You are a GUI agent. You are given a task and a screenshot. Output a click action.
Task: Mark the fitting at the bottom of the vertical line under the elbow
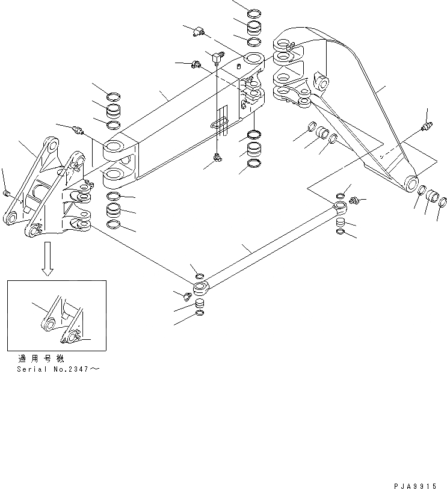pyautogui.click(x=217, y=158)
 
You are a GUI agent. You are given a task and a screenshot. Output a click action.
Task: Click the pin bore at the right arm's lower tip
pyautogui.click(x=412, y=181)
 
